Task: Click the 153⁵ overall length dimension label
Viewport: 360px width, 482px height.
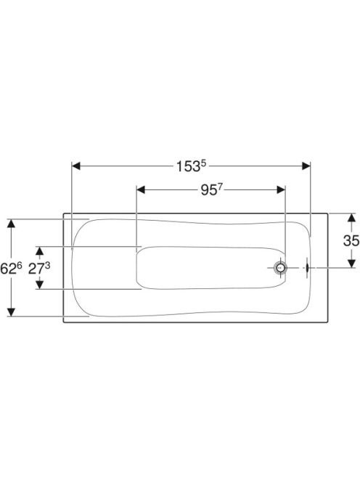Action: tap(191, 166)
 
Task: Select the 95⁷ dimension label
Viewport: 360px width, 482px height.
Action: tap(211, 190)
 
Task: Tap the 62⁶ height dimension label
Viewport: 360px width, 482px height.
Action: tap(11, 269)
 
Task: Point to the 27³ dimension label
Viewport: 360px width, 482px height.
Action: tap(39, 269)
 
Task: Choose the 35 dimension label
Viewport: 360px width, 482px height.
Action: tap(351, 240)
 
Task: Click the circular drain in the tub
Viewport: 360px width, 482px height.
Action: tap(280, 268)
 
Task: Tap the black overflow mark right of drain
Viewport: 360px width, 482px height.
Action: tap(307, 268)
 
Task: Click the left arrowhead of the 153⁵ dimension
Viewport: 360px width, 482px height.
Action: tap(76, 166)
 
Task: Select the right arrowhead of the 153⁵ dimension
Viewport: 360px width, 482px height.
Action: tap(306, 166)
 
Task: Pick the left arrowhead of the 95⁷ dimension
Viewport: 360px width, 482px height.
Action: tap(141, 189)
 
